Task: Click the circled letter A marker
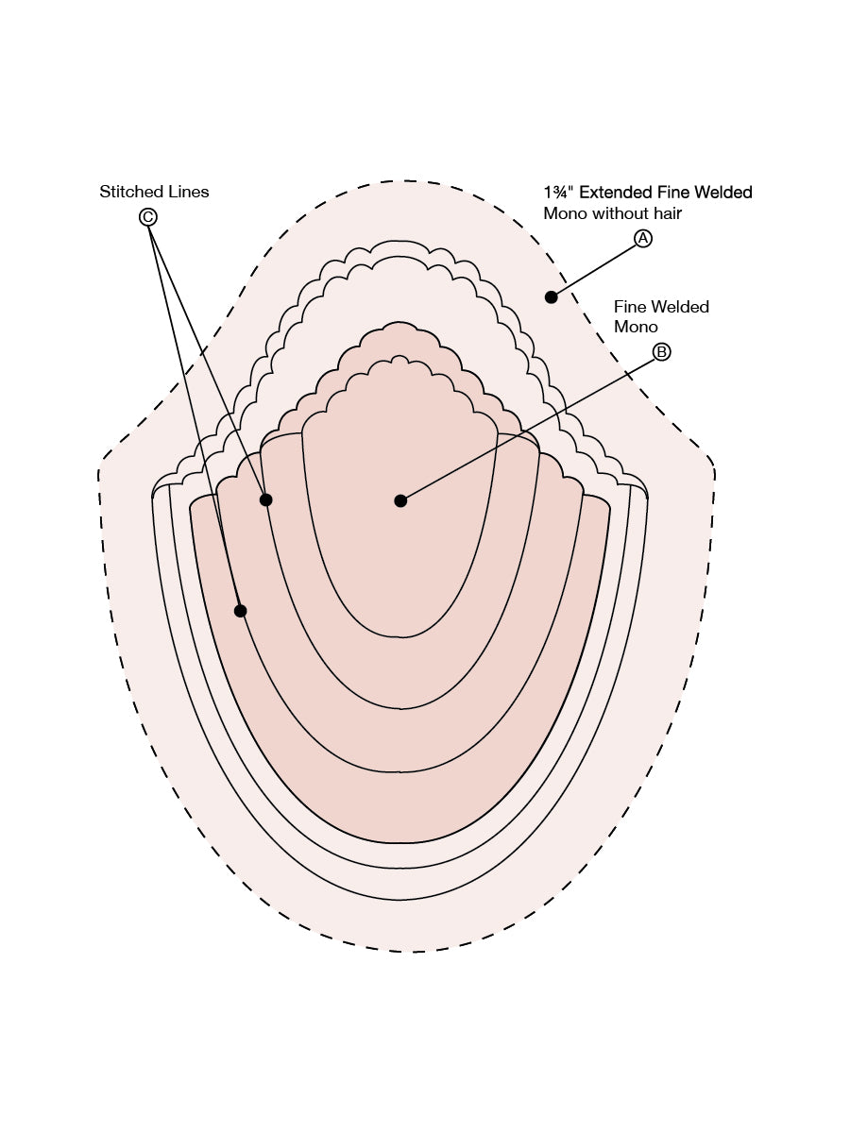click(642, 239)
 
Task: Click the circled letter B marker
click(661, 352)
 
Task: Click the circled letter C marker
click(147, 217)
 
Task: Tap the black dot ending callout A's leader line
click(552, 296)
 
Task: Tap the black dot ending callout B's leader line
click(400, 500)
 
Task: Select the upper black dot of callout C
click(265, 499)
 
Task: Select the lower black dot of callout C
click(240, 611)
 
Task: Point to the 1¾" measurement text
click(559, 193)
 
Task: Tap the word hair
click(669, 213)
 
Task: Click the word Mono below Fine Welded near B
click(636, 327)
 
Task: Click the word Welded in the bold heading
click(723, 193)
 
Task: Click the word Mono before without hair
click(566, 213)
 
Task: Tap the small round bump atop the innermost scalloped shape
click(399, 360)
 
